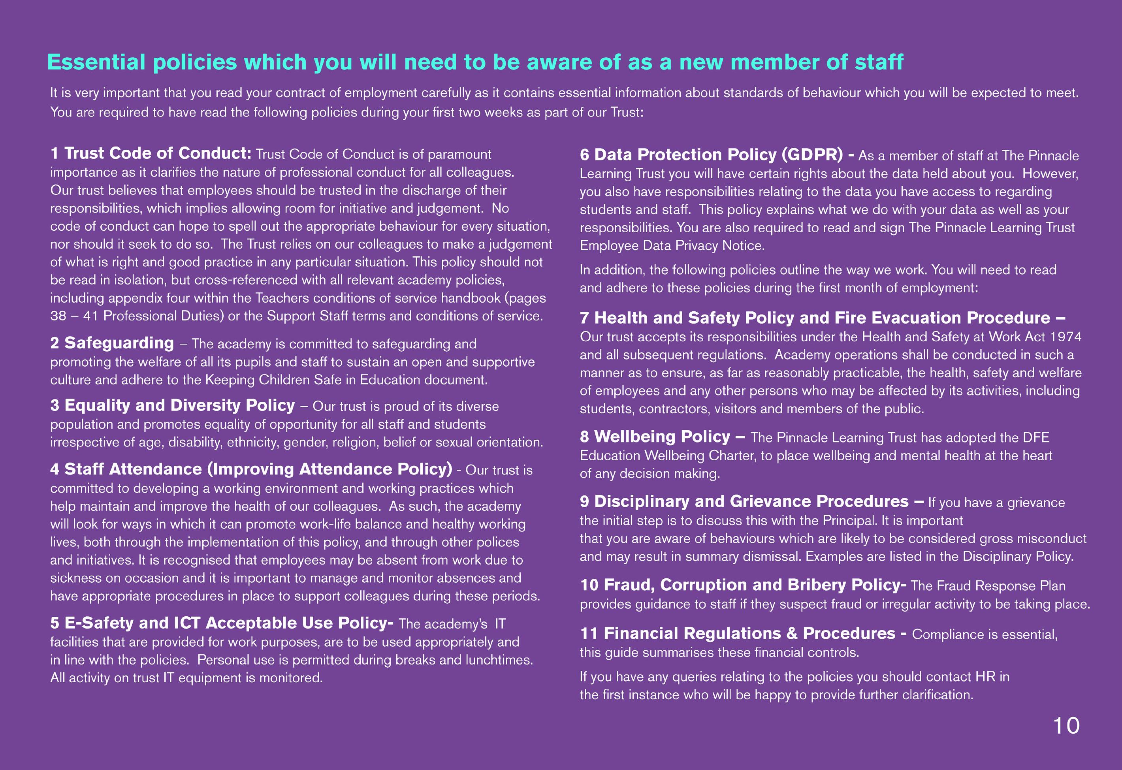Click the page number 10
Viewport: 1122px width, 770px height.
click(x=1066, y=726)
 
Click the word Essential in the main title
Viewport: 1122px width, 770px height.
click(x=96, y=62)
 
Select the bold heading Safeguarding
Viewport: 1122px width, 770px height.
click(x=119, y=343)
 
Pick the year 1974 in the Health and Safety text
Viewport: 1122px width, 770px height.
click(x=1066, y=337)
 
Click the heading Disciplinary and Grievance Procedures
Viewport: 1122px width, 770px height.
click(x=751, y=502)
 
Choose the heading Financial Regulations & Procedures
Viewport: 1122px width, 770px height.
click(x=749, y=633)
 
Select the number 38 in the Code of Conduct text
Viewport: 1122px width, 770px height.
click(x=58, y=316)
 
